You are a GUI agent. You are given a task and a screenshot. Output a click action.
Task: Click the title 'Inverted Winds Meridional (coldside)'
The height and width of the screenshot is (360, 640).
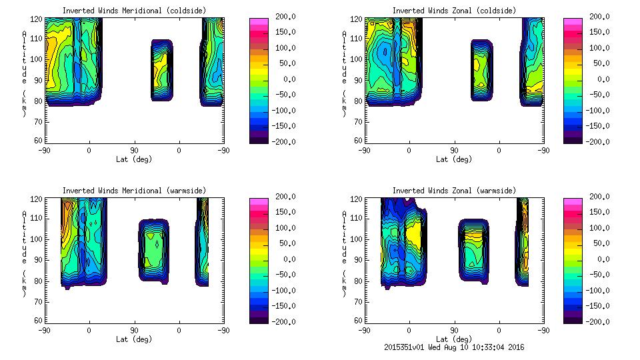[134, 11]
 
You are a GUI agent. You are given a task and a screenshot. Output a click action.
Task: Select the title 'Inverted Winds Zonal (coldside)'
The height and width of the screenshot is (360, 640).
[454, 11]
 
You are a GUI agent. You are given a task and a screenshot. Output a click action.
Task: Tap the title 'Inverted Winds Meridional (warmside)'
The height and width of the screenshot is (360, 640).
[134, 191]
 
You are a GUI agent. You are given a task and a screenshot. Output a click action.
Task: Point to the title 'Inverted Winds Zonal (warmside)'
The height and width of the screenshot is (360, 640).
[454, 191]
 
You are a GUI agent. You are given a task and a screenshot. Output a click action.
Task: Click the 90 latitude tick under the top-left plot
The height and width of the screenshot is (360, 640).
[134, 150]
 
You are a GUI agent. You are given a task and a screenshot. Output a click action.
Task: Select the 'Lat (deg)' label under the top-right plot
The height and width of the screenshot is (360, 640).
[454, 159]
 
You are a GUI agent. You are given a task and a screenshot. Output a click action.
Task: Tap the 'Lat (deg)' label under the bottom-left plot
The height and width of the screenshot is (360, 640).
[134, 339]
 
